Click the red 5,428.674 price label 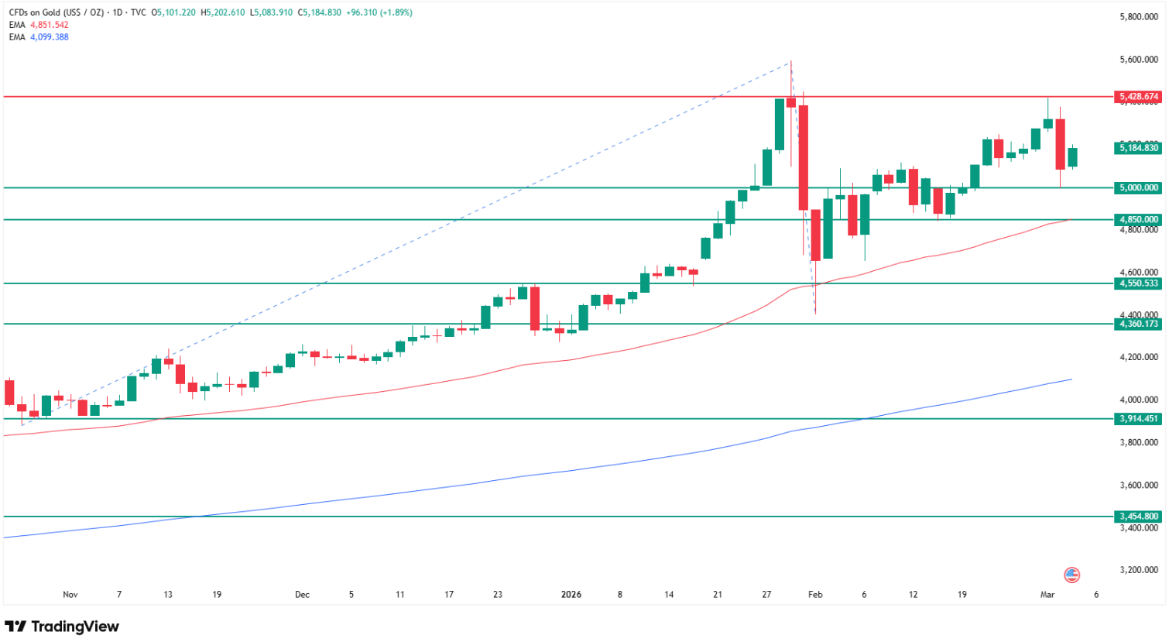coord(1139,97)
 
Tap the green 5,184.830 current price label coord(1139,148)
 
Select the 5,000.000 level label coord(1139,187)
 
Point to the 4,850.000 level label coord(1139,220)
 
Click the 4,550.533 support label coord(1139,283)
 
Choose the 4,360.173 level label coord(1139,324)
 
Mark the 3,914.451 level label coord(1139,419)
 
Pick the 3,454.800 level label coord(1139,517)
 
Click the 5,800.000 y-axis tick coord(1139,17)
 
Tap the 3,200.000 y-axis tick coord(1139,570)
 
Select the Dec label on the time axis coord(302,595)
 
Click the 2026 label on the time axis coord(571,595)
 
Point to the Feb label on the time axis coord(815,595)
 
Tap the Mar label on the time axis coord(1047,595)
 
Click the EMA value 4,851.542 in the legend coord(50,25)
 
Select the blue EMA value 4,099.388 coord(50,37)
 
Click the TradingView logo coord(63,627)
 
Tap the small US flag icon coord(1071,575)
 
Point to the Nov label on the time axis coord(70,595)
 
